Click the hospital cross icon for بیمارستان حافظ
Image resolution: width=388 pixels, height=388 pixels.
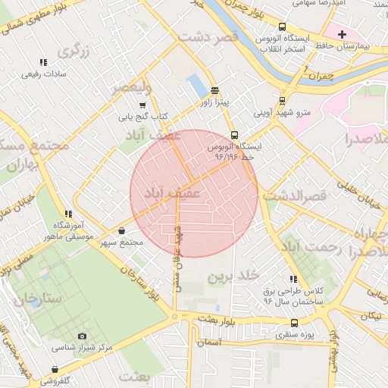point(343,34)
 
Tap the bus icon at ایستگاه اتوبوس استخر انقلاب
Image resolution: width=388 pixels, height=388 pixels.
point(283,26)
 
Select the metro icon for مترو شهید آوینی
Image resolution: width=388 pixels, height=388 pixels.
point(282,100)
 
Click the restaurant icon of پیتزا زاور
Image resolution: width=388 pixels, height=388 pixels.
point(214,88)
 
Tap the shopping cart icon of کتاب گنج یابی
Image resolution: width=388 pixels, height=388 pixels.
point(142,105)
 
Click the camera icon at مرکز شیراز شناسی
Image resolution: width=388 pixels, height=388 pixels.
point(83,336)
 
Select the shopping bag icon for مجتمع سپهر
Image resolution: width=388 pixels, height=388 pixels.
point(122,230)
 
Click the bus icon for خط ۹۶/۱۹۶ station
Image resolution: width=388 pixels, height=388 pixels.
point(234,133)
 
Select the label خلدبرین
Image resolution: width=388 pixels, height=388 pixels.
point(234,274)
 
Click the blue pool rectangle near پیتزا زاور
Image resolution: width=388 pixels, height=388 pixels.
point(196,86)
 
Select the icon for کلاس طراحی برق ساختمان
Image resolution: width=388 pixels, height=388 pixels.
point(293,279)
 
